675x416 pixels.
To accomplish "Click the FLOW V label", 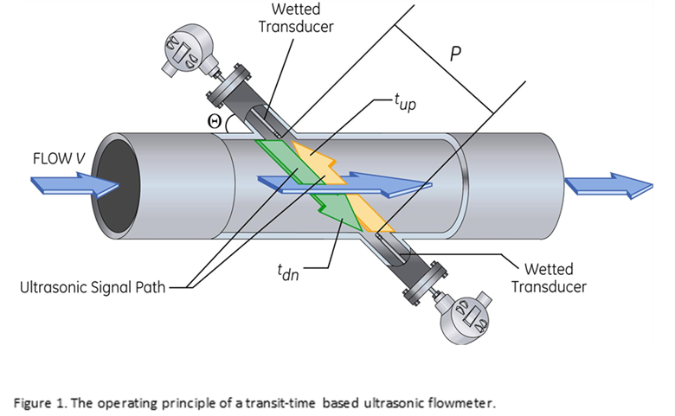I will pyautogui.click(x=59, y=159).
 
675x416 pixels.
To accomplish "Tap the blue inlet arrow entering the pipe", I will pyautogui.click(x=74, y=184).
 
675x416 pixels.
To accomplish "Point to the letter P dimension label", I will pyautogui.click(x=455, y=54).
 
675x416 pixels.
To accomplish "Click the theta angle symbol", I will pyautogui.click(x=215, y=121).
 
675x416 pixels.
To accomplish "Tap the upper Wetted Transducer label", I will pyautogui.click(x=295, y=17).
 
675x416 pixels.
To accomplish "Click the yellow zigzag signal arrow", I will pyautogui.click(x=346, y=186).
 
